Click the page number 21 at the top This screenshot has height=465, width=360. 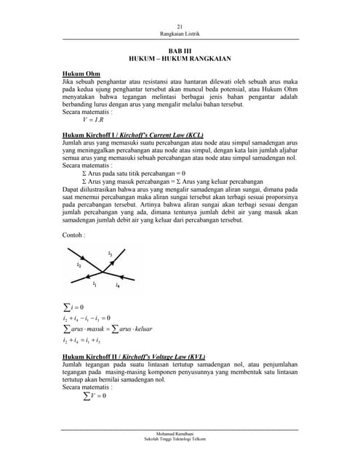pyautogui.click(x=180, y=27)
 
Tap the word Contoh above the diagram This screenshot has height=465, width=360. pyautogui.click(x=74, y=235)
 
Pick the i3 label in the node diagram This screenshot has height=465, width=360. pyautogui.click(x=110, y=254)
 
